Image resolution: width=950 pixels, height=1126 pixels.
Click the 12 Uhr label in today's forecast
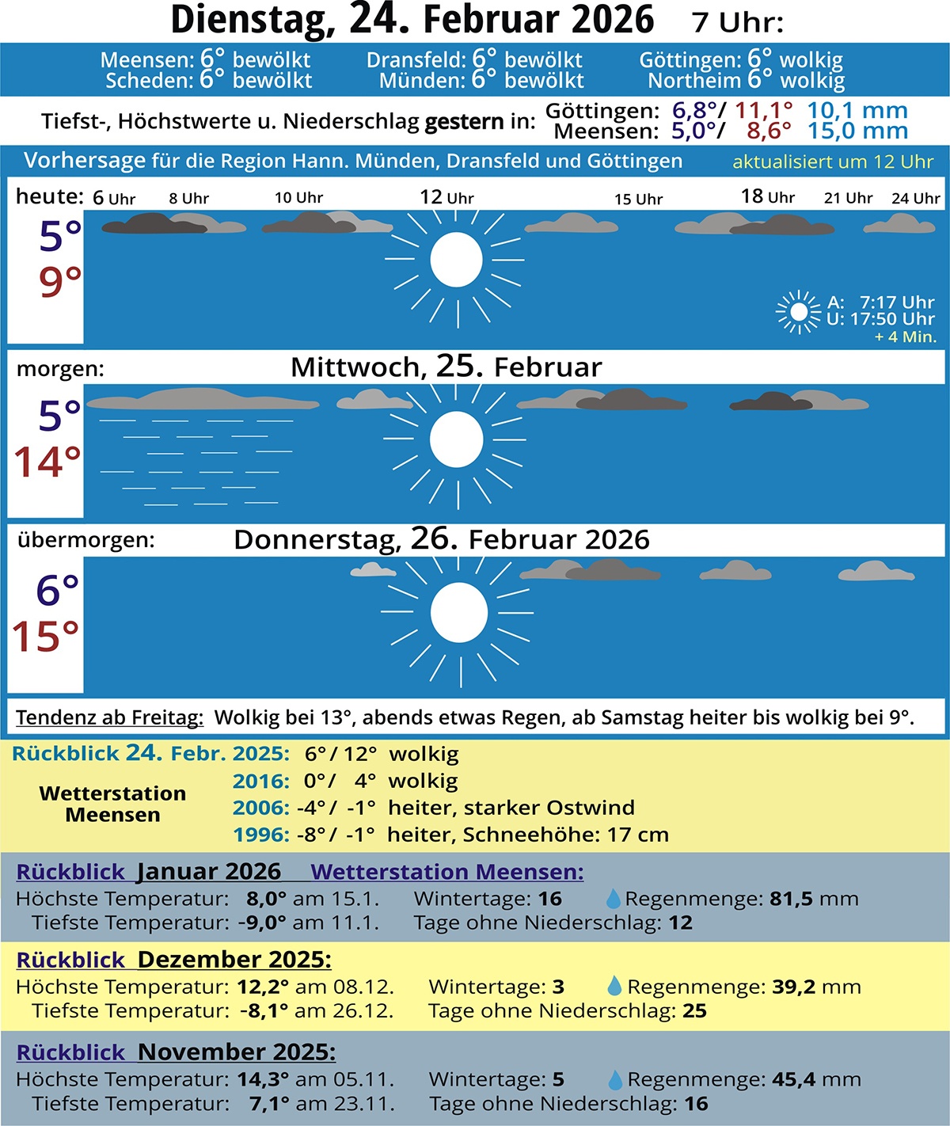[446, 197]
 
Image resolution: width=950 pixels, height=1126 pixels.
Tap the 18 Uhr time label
[767, 196]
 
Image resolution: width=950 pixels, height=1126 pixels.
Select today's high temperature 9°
[60, 282]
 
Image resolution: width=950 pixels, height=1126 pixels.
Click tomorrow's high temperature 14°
[47, 462]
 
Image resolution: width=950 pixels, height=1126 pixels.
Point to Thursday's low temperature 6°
[58, 591]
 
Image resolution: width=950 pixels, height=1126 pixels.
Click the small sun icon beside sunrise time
[799, 311]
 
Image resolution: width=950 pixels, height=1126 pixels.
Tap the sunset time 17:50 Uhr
[892, 319]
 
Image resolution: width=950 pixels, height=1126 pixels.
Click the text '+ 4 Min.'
[905, 337]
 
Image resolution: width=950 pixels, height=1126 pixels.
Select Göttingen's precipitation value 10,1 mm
[857, 111]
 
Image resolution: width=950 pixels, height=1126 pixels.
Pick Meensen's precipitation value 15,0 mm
[857, 131]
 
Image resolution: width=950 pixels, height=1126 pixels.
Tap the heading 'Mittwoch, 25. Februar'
[446, 367]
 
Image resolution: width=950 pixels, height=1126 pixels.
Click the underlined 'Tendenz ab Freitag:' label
[109, 718]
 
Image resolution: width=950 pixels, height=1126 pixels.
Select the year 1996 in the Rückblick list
[260, 835]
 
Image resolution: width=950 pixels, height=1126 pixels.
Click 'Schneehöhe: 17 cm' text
[565, 835]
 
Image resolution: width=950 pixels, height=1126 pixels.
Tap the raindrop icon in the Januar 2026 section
[613, 899]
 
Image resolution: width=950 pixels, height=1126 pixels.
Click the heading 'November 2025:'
[236, 1052]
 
